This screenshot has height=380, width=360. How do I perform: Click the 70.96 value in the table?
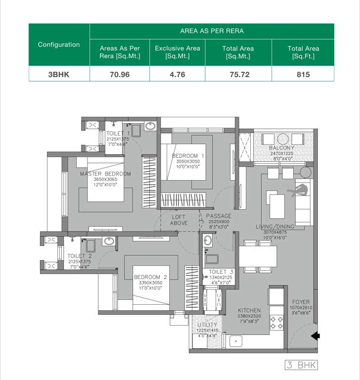120,74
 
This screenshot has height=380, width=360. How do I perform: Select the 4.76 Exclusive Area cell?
177,74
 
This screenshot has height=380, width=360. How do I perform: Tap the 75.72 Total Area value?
238,74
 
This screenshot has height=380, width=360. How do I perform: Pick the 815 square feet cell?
303,74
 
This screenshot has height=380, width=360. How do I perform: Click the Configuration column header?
59,45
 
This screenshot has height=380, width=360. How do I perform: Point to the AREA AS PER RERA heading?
212,31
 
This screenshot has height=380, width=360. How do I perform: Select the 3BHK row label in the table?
59,74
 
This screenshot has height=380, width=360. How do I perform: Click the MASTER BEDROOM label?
106,174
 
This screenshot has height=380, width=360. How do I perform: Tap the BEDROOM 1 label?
188,156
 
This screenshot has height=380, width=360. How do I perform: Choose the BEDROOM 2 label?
151,277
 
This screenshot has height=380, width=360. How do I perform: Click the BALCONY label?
282,148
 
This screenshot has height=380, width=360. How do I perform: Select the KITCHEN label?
249,311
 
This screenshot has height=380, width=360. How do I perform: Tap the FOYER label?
301,302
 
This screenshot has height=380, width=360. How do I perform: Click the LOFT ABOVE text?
179,220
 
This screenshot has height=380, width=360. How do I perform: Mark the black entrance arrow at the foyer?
315,336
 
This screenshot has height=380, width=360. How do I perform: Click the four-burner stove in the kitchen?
276,323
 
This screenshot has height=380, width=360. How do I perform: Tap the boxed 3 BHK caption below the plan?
301,365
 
